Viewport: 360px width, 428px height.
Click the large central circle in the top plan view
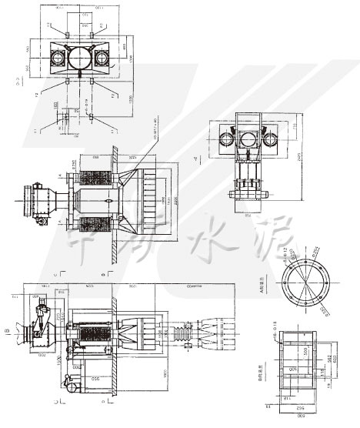(x=79, y=59)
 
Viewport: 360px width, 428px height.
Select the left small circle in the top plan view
(x=58, y=59)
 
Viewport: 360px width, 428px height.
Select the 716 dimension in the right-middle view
(x=295, y=127)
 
